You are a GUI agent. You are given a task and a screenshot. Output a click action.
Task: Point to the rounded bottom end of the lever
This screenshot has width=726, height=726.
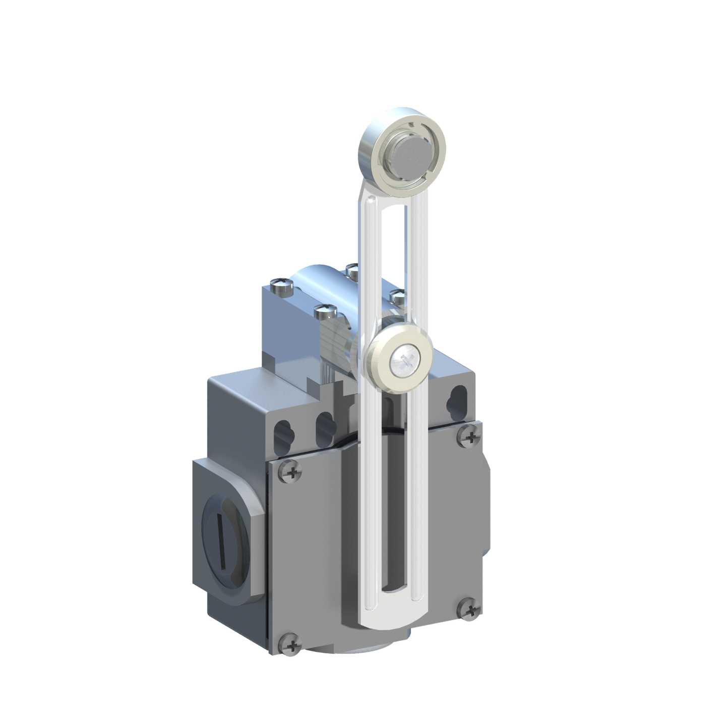click(388, 618)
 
